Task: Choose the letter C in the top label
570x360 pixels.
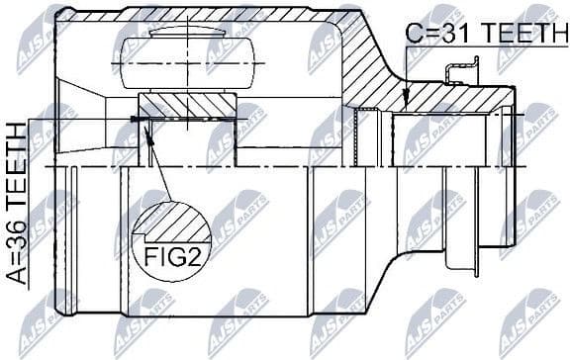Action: [414, 33]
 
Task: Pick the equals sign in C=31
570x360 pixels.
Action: [427, 33]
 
